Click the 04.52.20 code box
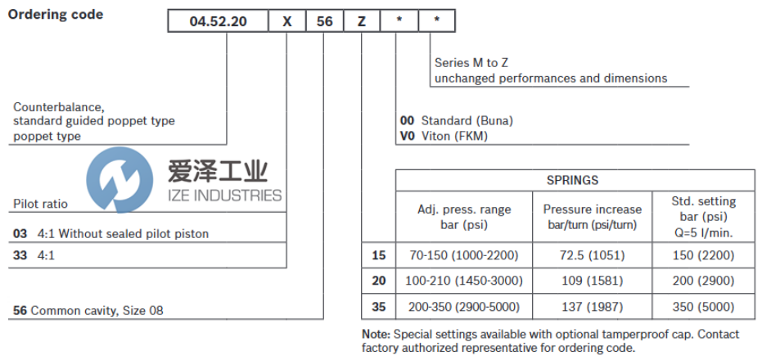[x=217, y=22]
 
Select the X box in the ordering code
[x=286, y=22]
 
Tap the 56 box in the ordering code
[x=325, y=22]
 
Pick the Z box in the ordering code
[x=361, y=22]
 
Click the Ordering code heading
[x=56, y=15]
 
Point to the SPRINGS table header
[x=572, y=180]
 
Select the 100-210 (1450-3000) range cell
[x=462, y=281]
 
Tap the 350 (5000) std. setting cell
[x=703, y=307]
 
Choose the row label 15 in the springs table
[x=378, y=255]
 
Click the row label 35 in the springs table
[x=378, y=307]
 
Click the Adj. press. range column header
[x=462, y=217]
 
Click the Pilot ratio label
[x=41, y=204]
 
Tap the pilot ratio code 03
[x=20, y=234]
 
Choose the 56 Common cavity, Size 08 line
[x=93, y=311]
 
